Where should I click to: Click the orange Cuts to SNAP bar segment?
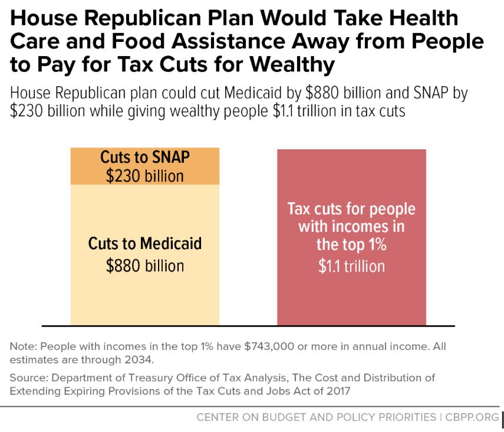(144, 167)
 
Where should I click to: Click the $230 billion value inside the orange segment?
(145, 176)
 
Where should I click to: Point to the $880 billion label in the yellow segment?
(145, 266)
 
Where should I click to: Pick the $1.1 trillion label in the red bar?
(351, 266)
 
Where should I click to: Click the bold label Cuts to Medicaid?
(145, 243)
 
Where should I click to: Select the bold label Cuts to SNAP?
(145, 158)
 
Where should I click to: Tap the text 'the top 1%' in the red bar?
(351, 244)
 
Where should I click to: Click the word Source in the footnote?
(25, 377)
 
